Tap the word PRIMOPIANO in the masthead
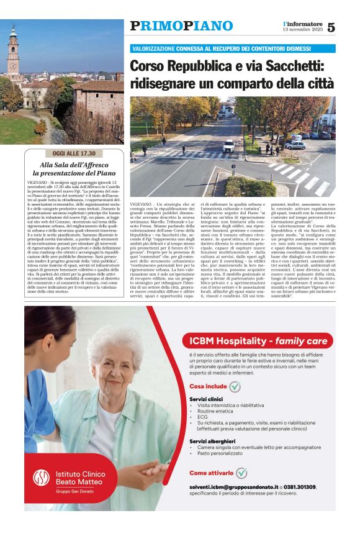pos(181,26)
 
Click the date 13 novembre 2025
pos(302,30)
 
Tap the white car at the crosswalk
pos(228,146)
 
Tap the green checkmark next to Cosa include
pos(235,386)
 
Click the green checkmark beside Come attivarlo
pos(241,473)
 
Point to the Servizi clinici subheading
pos(206,399)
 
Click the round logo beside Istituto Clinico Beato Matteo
pos(42,477)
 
